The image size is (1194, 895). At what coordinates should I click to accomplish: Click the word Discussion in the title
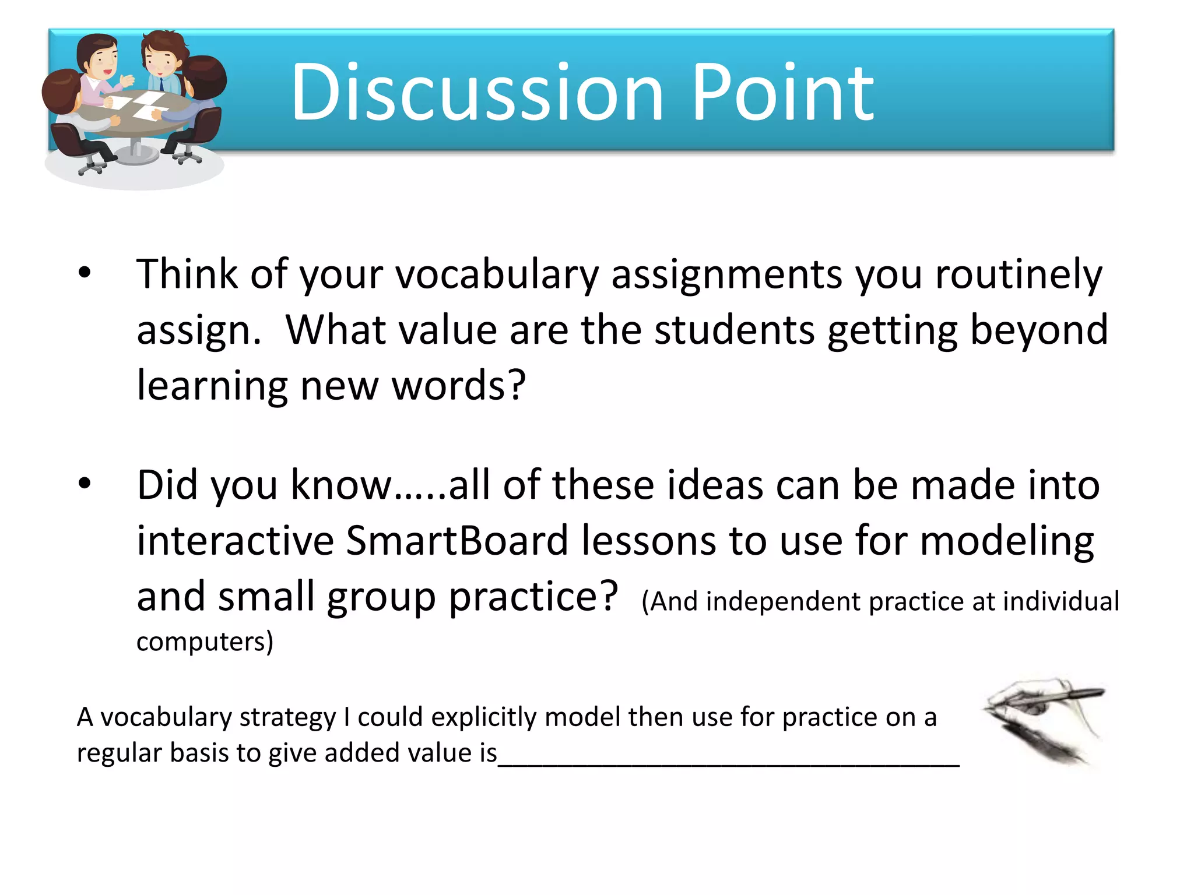click(477, 93)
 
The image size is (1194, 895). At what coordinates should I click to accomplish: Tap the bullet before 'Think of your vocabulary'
click(85, 273)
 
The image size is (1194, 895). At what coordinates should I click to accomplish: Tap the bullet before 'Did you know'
click(85, 484)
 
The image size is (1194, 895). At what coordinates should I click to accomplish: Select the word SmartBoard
click(456, 541)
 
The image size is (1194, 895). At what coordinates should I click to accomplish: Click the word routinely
click(1019, 274)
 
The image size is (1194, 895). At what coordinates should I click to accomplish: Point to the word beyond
click(1038, 330)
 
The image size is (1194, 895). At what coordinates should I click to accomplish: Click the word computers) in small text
click(205, 642)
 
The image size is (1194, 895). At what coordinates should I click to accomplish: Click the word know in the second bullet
click(341, 485)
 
